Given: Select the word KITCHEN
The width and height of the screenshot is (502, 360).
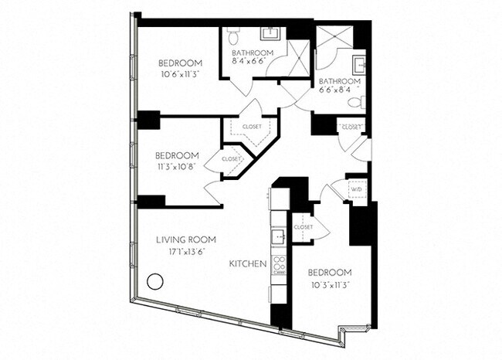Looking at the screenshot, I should (x=248, y=264).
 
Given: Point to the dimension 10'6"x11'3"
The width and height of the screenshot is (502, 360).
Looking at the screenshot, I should (x=180, y=75).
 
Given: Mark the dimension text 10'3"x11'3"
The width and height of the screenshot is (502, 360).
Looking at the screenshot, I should (x=330, y=285).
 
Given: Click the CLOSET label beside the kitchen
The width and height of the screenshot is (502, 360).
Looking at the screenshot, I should (x=303, y=227).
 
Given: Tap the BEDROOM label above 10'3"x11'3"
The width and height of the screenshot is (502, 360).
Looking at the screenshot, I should (x=330, y=273).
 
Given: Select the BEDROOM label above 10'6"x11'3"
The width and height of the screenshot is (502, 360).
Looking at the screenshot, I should (x=180, y=63).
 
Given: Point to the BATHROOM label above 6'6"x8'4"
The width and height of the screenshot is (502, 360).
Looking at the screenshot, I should (x=337, y=81).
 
